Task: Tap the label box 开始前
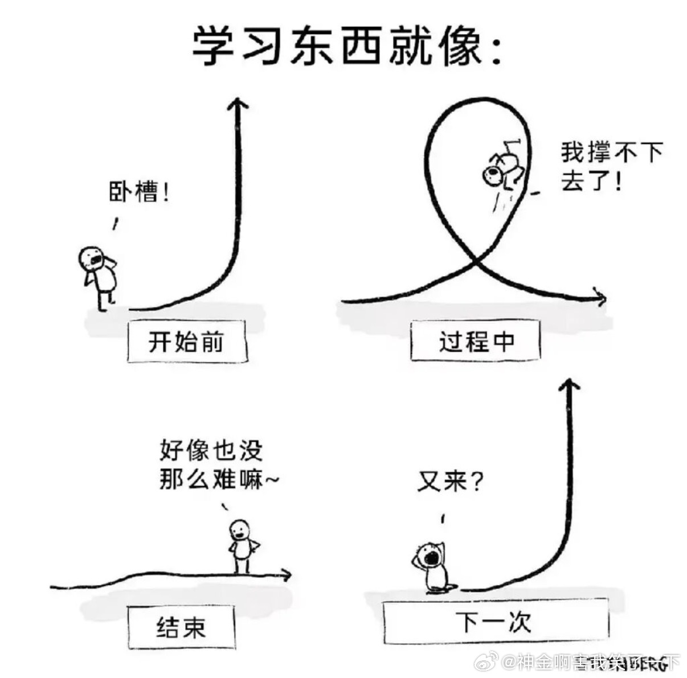pos(187,342)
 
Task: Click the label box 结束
pos(181,628)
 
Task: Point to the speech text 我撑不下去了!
pos(611,167)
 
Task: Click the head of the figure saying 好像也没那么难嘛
pos(240,530)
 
